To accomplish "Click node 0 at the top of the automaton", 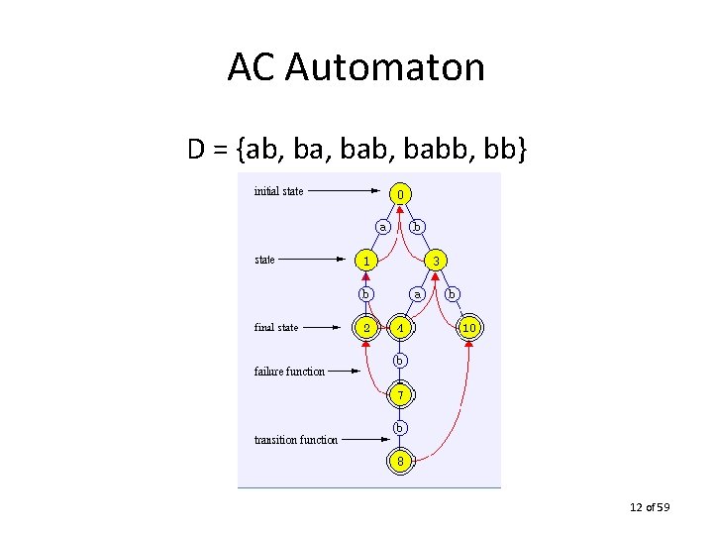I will pyautogui.click(x=400, y=193).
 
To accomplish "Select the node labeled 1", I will pyautogui.click(x=366, y=261).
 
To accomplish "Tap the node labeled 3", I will pyautogui.click(x=435, y=261).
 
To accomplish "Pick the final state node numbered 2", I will pyautogui.click(x=366, y=327).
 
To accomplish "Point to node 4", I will pyautogui.click(x=400, y=327).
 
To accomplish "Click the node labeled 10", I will pyautogui.click(x=469, y=327).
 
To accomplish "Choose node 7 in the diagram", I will pyautogui.click(x=400, y=394).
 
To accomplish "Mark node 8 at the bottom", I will pyautogui.click(x=400, y=461).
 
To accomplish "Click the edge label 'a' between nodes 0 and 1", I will pyautogui.click(x=382, y=227).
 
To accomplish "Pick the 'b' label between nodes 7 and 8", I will pyautogui.click(x=400, y=427).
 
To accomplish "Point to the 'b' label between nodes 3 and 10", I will pyautogui.click(x=452, y=293).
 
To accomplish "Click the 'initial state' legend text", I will pyautogui.click(x=279, y=191).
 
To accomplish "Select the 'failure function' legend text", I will pyautogui.click(x=289, y=372).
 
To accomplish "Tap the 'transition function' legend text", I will pyautogui.click(x=296, y=439).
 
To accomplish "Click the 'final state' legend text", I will pyautogui.click(x=276, y=327).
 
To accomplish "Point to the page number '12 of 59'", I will pyautogui.click(x=650, y=508).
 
